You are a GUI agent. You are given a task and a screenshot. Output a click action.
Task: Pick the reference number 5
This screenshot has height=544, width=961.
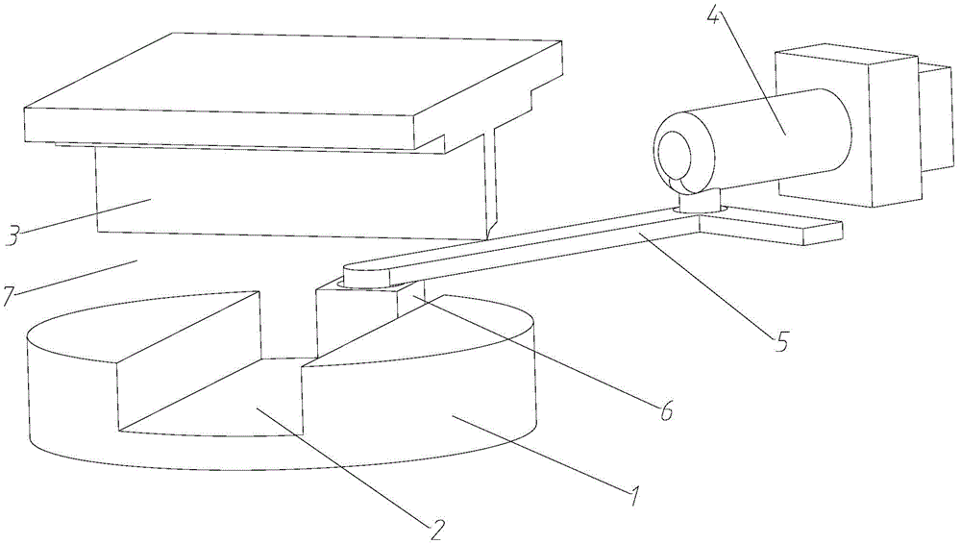point(782,341)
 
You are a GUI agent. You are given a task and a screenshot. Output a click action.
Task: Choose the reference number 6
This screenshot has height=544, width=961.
point(662,411)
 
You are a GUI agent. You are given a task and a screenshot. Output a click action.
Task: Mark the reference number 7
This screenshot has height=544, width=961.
point(9,295)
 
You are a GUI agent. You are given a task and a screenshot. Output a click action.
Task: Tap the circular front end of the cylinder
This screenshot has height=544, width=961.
point(683,154)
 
